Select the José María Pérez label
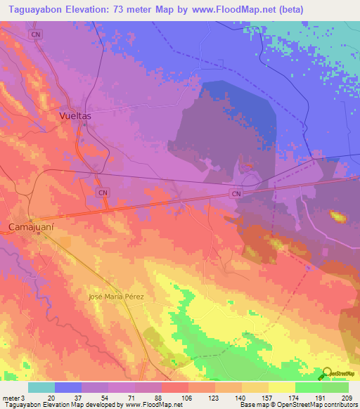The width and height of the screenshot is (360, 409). pos(116,297)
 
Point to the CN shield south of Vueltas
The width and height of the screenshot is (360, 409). pos(103,192)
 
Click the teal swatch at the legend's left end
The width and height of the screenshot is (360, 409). pos(41,387)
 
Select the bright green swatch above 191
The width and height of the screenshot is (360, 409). pos(308,387)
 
